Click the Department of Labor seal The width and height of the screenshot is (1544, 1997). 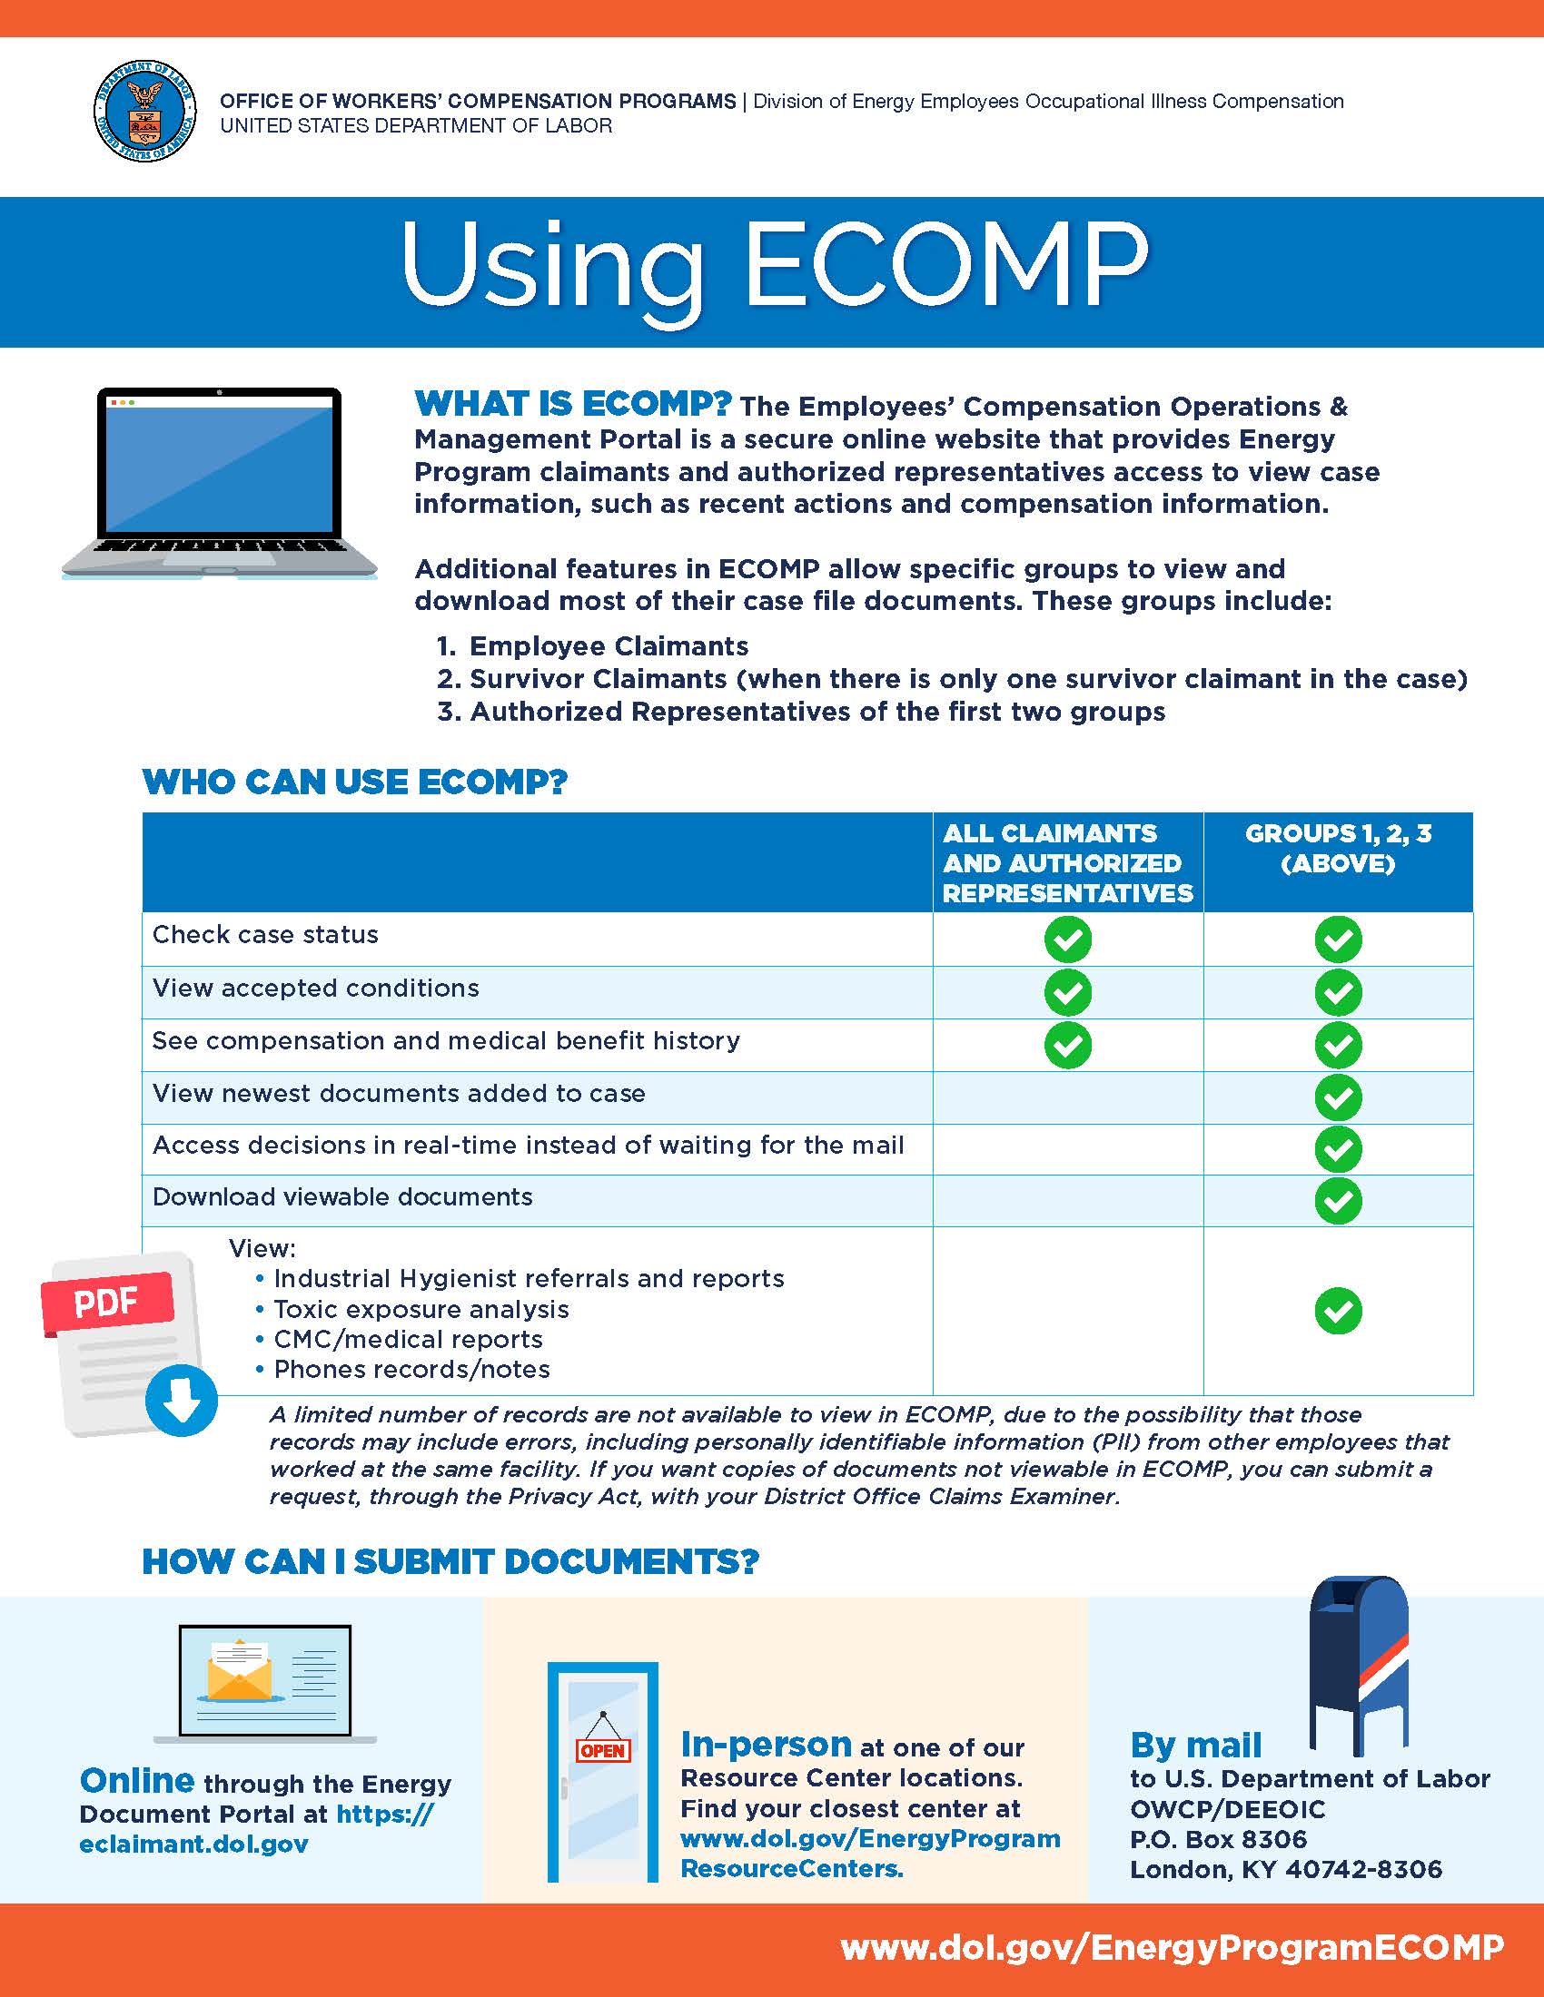tap(144, 112)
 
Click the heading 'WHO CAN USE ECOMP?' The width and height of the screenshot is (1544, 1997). tap(355, 782)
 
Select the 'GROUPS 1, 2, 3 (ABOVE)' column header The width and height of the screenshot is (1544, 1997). tap(1337, 849)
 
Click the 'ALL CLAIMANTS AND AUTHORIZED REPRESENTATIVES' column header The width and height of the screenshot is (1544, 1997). tap(1067, 862)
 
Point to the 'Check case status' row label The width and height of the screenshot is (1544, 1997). tap(265, 934)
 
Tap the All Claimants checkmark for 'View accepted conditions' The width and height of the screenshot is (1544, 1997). tap(1067, 992)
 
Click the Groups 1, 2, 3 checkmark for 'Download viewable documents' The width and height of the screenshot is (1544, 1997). tap(1337, 1201)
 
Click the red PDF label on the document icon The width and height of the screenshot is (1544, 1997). tap(107, 1301)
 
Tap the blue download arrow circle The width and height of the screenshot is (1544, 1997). tap(181, 1400)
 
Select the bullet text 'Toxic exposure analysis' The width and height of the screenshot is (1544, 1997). tap(421, 1309)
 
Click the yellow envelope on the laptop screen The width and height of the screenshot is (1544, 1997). tap(240, 1672)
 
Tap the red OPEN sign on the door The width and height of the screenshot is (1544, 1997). tap(603, 1750)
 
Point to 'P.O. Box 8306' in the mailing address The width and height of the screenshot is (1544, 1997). tap(1218, 1839)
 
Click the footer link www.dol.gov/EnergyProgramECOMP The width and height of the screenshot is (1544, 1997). tap(1172, 1948)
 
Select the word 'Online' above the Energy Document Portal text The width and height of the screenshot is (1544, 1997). tap(137, 1780)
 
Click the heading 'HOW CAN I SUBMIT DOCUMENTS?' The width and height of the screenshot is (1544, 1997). tap(450, 1562)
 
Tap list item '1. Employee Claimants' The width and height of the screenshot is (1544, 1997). tap(593, 646)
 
